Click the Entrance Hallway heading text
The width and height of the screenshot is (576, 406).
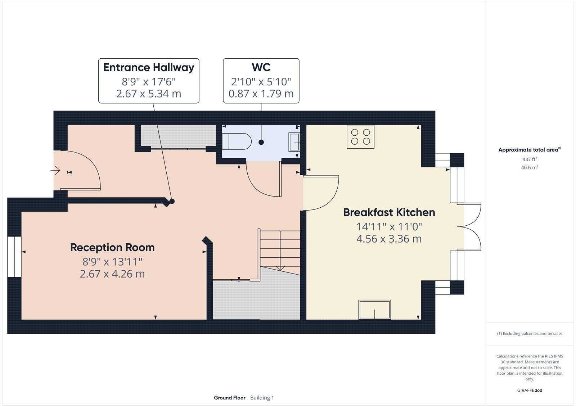tap(149, 67)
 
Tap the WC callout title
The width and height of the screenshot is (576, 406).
tap(261, 67)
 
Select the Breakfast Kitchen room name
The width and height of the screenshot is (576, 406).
tap(389, 212)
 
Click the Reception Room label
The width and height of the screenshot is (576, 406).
tap(112, 248)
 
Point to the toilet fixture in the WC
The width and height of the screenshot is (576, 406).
tap(237, 141)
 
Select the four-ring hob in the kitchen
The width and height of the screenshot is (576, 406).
tap(360, 137)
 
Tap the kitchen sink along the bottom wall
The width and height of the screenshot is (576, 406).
tap(374, 310)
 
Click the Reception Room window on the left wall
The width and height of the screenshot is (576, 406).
tap(15, 256)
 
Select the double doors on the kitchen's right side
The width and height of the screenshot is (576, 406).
tap(470, 227)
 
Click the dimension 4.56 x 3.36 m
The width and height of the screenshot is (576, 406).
tap(389, 239)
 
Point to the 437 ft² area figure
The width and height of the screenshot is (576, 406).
tap(530, 159)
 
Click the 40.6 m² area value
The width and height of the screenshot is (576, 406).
tap(530, 167)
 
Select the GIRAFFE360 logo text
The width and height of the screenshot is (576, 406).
tap(530, 390)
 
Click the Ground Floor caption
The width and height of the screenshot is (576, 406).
tap(229, 398)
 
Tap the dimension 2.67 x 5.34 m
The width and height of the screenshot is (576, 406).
tap(149, 94)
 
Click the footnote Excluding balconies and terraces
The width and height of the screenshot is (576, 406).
tap(530, 334)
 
